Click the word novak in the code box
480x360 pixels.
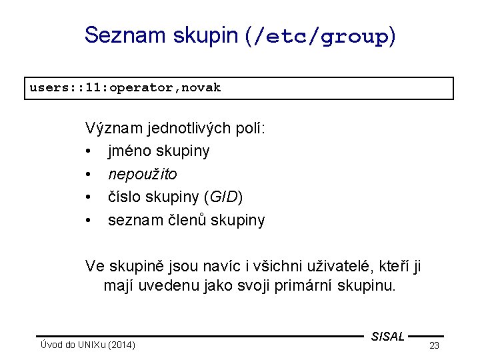[x=201, y=87]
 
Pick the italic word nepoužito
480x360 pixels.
[x=142, y=175]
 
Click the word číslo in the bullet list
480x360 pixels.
[x=124, y=197]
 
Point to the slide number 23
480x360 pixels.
[x=434, y=345]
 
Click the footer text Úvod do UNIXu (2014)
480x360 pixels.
[x=87, y=345]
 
